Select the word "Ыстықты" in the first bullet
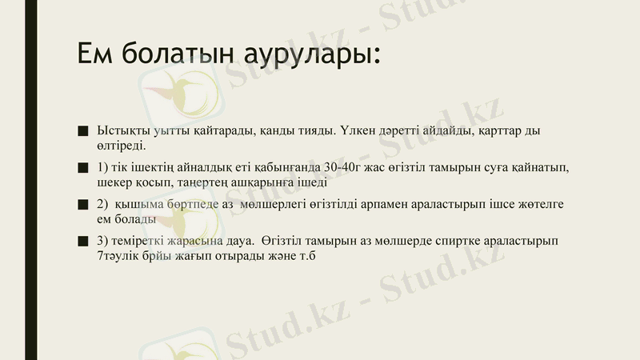(x=121, y=130)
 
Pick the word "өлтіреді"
(x=122, y=145)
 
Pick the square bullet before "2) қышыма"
(x=82, y=205)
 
